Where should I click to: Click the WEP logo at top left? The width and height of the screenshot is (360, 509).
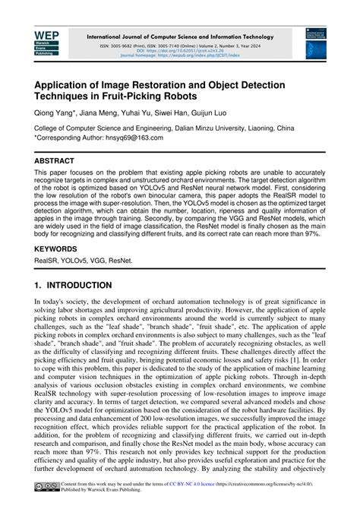coord(46,43)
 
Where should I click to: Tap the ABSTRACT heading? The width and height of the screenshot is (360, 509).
coord(55,162)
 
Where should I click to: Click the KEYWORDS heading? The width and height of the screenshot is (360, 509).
coord(58,247)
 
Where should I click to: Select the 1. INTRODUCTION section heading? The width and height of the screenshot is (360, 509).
coord(73,286)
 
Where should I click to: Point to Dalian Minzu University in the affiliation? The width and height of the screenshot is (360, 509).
coord(213,129)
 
